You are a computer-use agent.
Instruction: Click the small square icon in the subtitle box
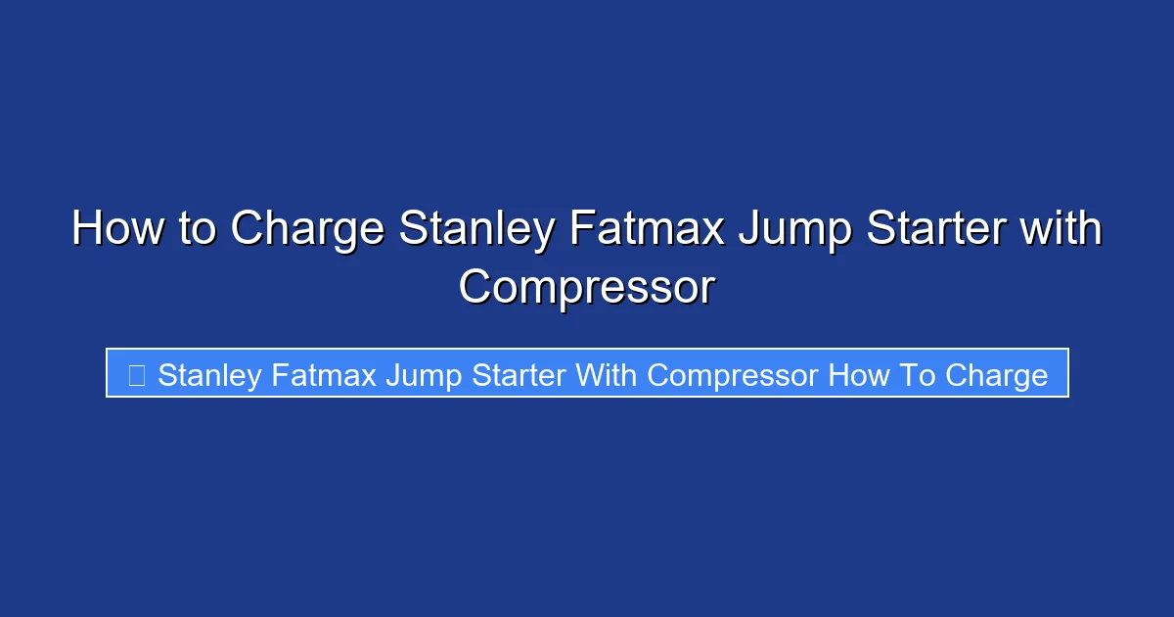pos(136,374)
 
